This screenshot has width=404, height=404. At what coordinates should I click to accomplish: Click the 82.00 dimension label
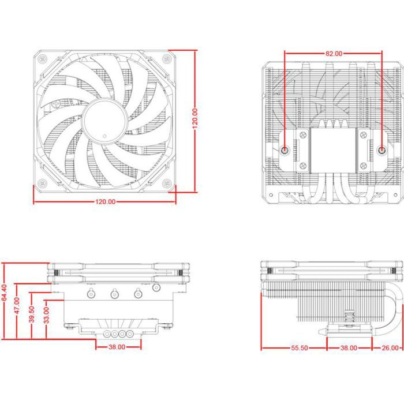(x=334, y=53)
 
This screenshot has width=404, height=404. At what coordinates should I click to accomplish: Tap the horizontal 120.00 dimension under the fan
(x=104, y=202)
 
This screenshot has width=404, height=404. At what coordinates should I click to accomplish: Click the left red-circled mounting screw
(x=286, y=150)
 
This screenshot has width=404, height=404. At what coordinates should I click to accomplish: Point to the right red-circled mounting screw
(x=382, y=150)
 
